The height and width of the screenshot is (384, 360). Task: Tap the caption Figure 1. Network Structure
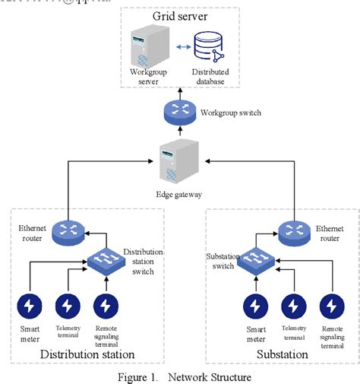(179, 376)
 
